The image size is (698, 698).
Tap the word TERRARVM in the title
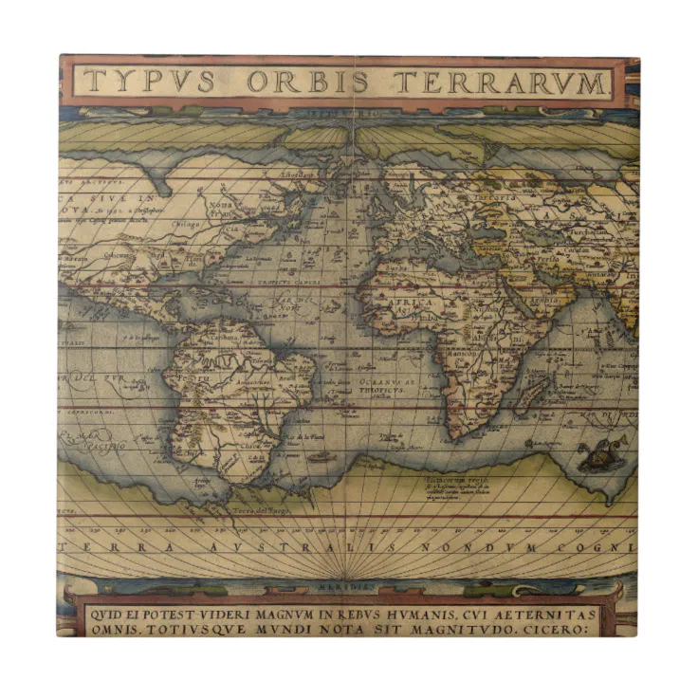pos(501,81)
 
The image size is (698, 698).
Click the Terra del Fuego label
pos(263,511)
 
